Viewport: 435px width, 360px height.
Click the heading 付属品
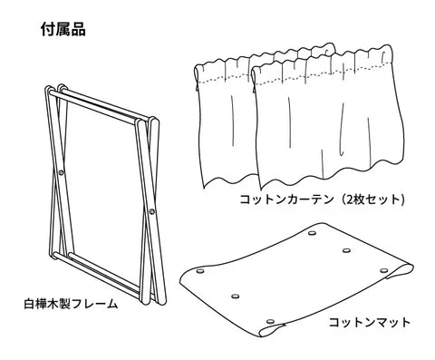point(63,29)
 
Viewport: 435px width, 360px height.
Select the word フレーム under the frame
point(94,304)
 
